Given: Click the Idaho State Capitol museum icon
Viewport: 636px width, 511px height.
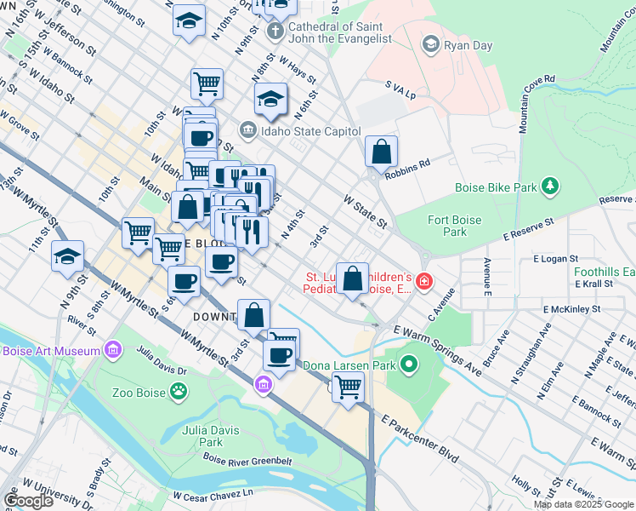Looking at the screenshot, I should click(x=247, y=129).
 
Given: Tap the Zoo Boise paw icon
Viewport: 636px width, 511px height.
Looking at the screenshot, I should click(x=179, y=391).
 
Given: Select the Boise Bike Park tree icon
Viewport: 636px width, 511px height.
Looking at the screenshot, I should click(x=551, y=185).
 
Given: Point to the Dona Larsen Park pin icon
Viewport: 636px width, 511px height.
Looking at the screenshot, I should click(x=409, y=365).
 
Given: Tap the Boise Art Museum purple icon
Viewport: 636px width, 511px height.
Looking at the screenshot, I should click(x=111, y=350).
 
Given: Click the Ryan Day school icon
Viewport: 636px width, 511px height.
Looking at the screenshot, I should click(x=431, y=43).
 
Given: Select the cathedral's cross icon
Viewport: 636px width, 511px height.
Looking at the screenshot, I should click(x=275, y=32).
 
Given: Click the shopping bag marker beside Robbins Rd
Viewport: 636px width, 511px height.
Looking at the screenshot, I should click(x=382, y=152).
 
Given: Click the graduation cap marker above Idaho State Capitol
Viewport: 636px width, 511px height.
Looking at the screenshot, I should click(x=270, y=99).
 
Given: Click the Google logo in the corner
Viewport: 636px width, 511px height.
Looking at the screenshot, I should click(x=28, y=501).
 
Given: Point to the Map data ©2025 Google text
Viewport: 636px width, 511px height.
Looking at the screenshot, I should click(x=584, y=504).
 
